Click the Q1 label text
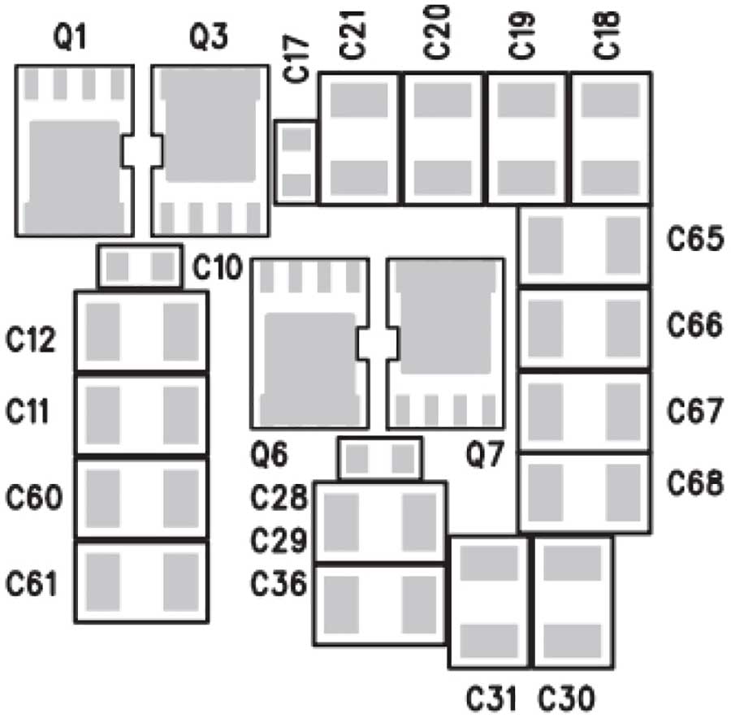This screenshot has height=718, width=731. click(x=70, y=37)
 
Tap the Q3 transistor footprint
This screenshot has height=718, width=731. click(x=210, y=150)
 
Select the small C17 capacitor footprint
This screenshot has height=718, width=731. click(x=295, y=162)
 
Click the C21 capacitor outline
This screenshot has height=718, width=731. click(x=359, y=138)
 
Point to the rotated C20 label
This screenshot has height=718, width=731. click(x=437, y=32)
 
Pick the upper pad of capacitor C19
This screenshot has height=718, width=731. click(x=526, y=100)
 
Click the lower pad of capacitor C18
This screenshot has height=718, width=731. click(x=610, y=177)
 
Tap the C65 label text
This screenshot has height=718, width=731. click(x=695, y=239)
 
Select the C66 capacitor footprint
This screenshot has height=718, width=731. click(x=585, y=328)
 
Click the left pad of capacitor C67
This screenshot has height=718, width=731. click(x=546, y=412)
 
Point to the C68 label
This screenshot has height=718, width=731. click(x=695, y=482)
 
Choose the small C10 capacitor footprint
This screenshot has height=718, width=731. click(x=140, y=266)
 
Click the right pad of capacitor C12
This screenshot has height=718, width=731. click(x=181, y=332)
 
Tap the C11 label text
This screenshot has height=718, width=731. click(x=27, y=411)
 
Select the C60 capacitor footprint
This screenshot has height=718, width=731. click(x=141, y=498)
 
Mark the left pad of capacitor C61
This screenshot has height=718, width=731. click(x=103, y=582)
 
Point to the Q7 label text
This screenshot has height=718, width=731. click(x=485, y=455)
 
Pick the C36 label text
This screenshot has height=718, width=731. click(x=279, y=583)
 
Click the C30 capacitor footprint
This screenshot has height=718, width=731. click(x=573, y=603)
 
